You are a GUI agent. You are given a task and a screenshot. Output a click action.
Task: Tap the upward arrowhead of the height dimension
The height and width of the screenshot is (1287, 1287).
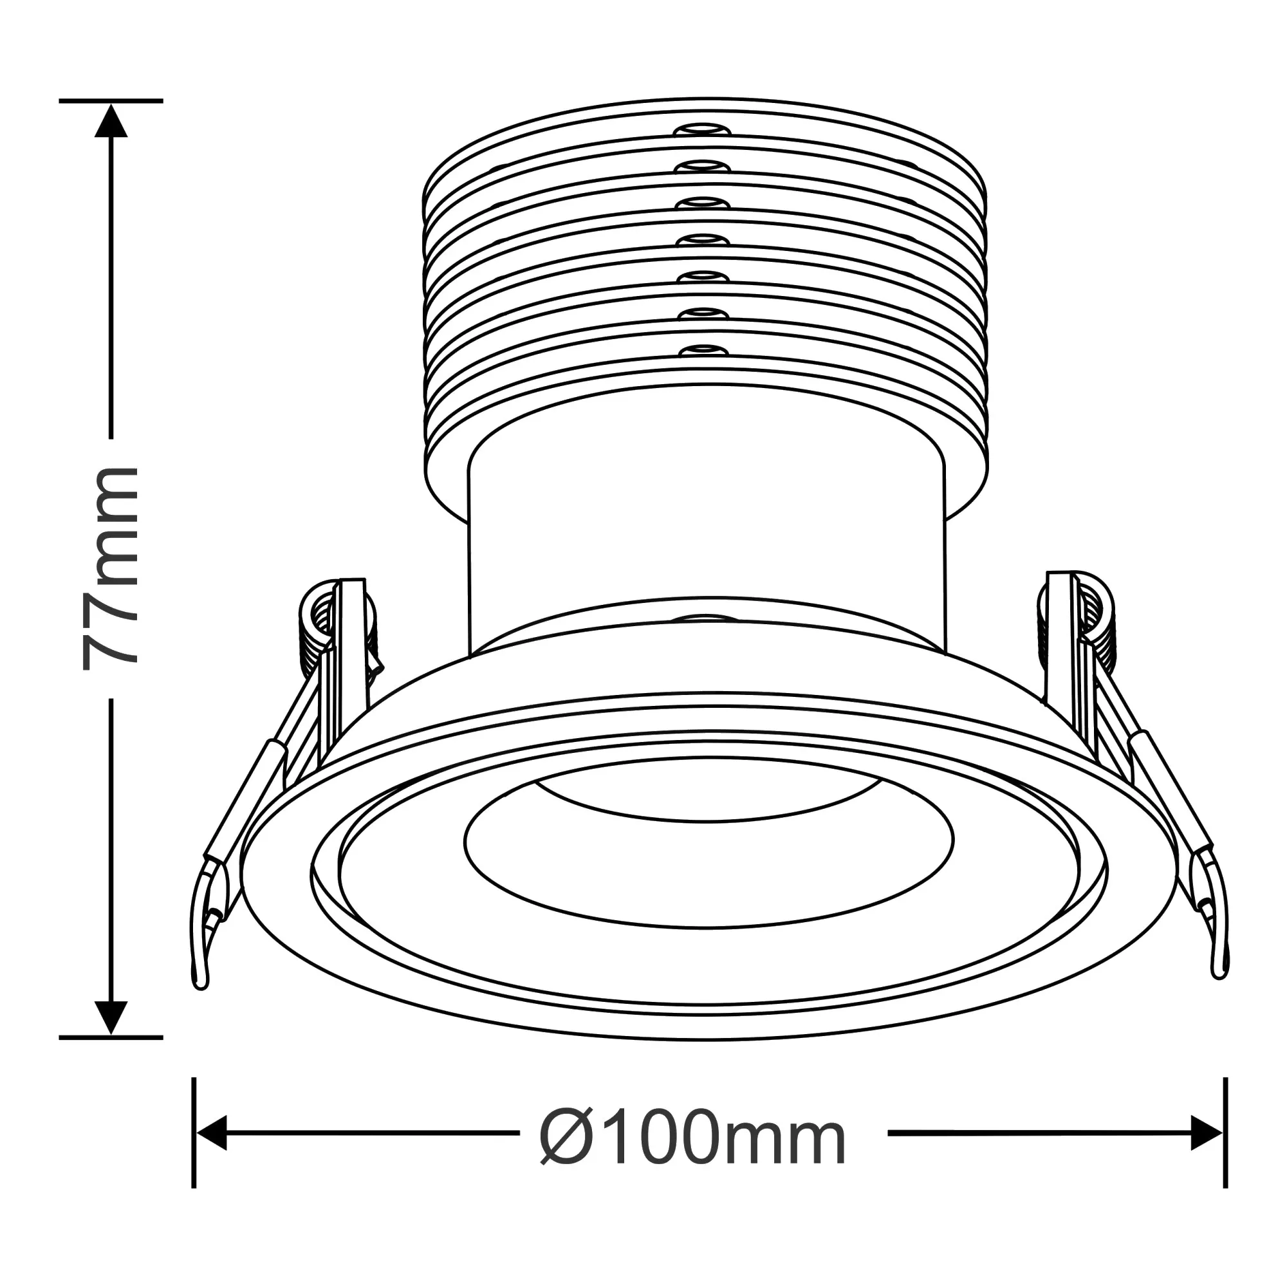coord(111,121)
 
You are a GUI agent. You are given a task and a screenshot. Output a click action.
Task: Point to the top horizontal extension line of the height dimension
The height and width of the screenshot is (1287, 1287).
coord(111,100)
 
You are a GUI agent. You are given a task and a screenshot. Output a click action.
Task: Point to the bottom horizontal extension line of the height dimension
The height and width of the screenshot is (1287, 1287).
coord(111,1038)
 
